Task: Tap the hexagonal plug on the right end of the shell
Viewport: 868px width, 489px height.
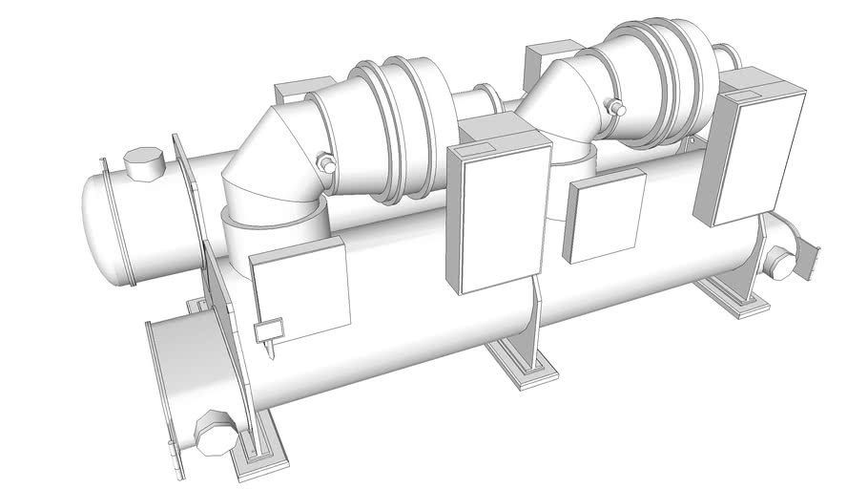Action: (x=782, y=264)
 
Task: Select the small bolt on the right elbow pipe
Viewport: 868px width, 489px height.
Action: (x=618, y=109)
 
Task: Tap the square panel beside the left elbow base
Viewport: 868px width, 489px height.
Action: (x=298, y=290)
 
